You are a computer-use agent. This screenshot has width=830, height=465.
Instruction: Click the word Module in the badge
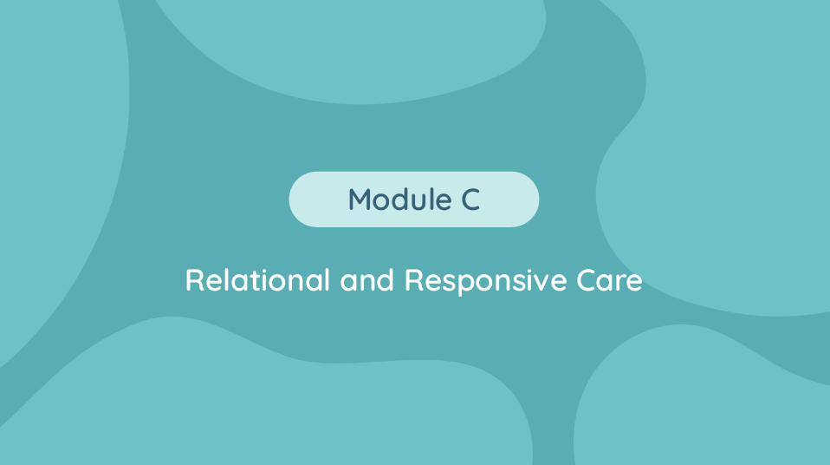tap(399, 200)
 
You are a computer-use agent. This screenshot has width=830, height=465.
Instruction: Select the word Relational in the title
tap(258, 279)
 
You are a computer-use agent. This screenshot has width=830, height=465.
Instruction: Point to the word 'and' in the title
tap(367, 280)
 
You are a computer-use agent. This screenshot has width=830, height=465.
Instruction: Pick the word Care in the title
tap(609, 280)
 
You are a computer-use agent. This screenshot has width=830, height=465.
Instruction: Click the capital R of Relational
tap(194, 280)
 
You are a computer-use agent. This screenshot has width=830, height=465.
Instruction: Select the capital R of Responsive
tap(414, 280)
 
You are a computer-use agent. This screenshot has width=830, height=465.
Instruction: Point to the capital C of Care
tap(586, 280)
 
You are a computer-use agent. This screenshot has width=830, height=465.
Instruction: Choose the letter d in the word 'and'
tap(386, 280)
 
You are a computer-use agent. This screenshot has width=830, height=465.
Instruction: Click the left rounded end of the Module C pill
tap(298, 200)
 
